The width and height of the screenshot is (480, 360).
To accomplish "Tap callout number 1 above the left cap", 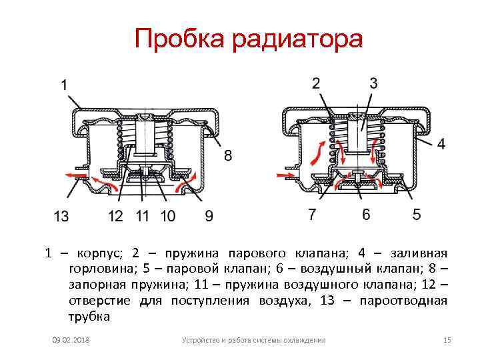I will pyautogui.click(x=64, y=85).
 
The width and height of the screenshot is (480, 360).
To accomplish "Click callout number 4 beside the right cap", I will pyautogui.click(x=441, y=143).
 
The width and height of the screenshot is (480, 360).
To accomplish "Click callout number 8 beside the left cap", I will pyautogui.click(x=228, y=157).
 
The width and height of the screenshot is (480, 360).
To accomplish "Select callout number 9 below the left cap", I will pyautogui.click(x=209, y=215).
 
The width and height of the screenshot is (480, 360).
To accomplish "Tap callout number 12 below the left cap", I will pyautogui.click(x=117, y=215).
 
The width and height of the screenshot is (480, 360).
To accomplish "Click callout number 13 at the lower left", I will pyautogui.click(x=61, y=215).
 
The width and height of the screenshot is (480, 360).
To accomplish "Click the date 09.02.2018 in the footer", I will pyautogui.click(x=71, y=341).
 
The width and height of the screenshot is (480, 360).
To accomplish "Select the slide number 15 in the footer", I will pyautogui.click(x=447, y=341).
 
